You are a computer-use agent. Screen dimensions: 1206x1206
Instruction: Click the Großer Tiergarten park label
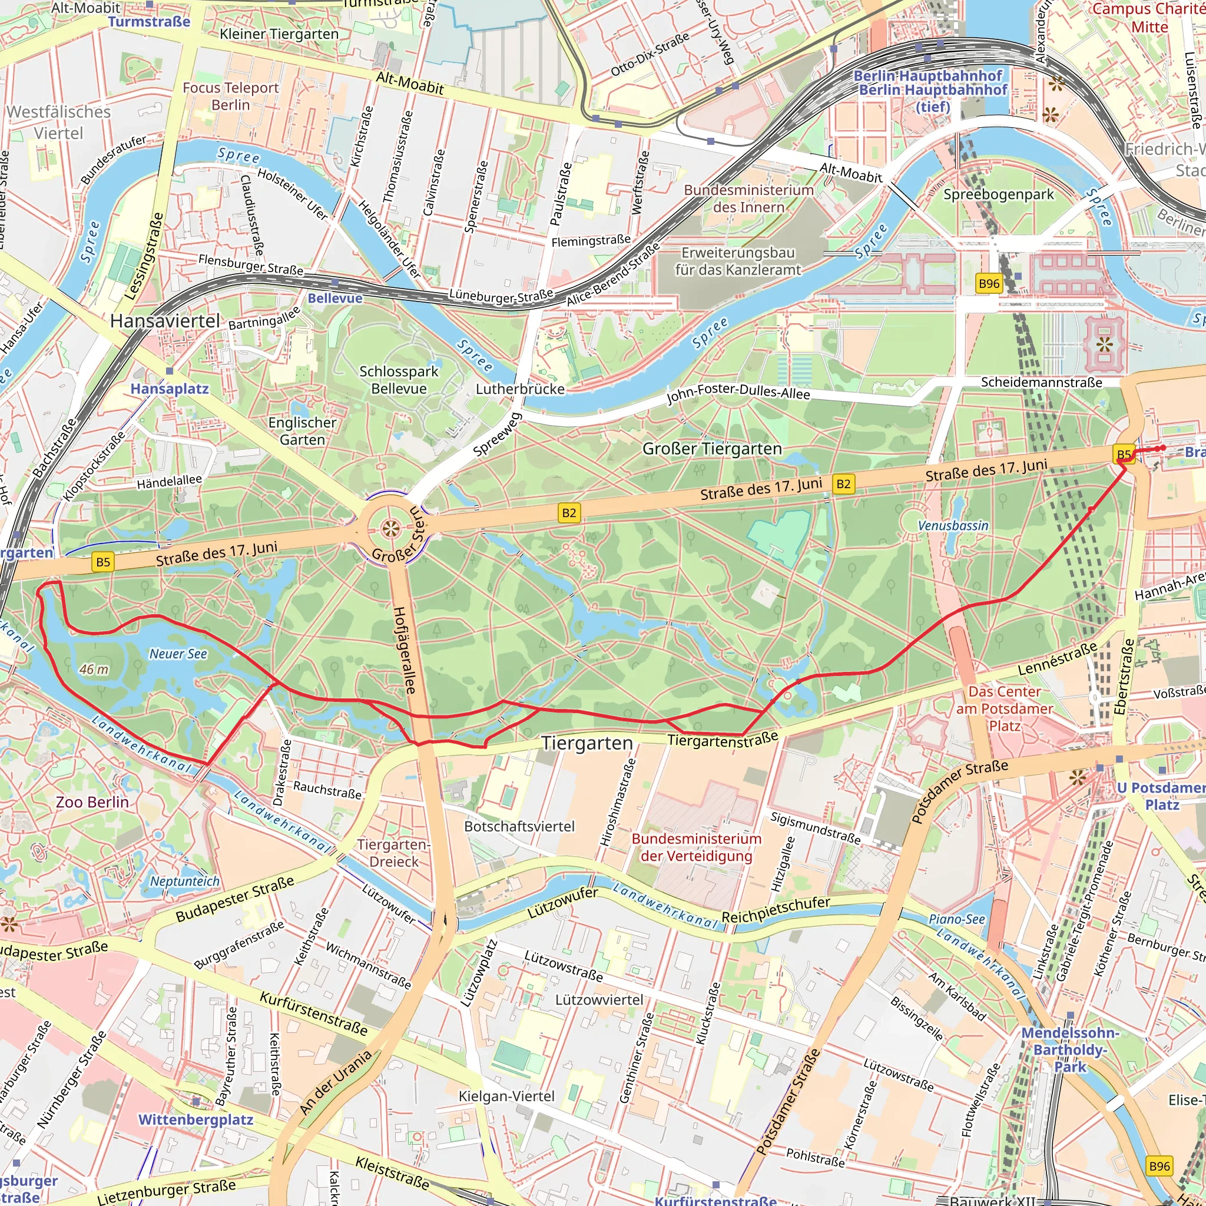[711, 449]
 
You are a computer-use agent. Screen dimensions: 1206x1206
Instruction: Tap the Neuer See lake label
[178, 654]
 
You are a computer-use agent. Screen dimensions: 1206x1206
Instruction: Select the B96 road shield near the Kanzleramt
[989, 283]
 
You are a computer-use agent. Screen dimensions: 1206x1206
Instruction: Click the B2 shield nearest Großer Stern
[569, 513]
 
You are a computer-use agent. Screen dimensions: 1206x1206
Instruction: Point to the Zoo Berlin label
[92, 801]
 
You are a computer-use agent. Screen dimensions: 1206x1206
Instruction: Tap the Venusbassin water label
[953, 526]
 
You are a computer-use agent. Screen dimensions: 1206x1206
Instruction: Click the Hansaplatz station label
[169, 389]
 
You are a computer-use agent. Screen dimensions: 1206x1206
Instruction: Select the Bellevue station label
[334, 299]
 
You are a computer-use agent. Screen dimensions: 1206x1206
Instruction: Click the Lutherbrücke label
[520, 389]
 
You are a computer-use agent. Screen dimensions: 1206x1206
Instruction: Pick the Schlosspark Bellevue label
[399, 380]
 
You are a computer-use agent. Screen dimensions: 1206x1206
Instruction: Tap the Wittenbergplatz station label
[196, 1119]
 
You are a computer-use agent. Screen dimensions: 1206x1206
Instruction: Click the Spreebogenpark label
[998, 194]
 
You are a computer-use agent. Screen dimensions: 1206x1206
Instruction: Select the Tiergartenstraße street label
[723, 739]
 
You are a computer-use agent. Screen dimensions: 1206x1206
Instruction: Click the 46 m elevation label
[94, 669]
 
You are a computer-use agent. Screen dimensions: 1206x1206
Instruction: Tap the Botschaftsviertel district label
[519, 826]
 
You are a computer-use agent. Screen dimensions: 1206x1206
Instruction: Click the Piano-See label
[956, 919]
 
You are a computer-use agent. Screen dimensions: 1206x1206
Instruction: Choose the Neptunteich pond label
[185, 881]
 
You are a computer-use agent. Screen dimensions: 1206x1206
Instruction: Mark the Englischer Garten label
[302, 430]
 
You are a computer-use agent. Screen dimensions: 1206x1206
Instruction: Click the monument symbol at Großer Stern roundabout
[391, 529]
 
